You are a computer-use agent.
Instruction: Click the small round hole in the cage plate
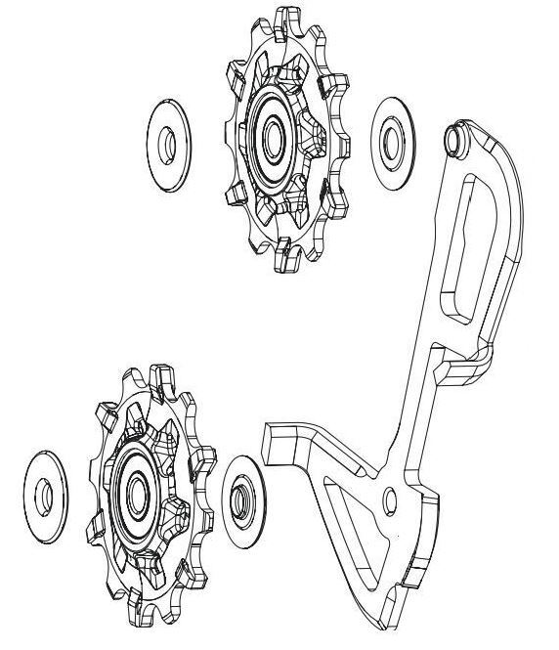click(392, 501)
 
